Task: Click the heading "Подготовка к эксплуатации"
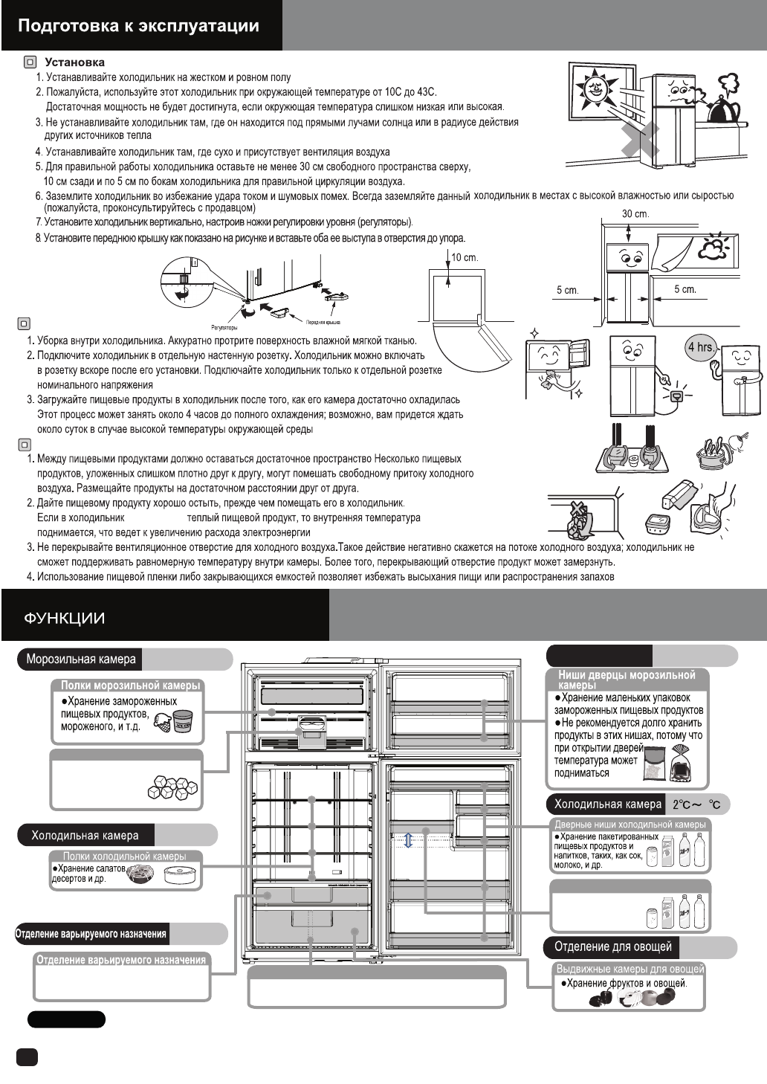(138, 26)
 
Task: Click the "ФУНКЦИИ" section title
(64, 619)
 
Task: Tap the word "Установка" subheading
(74, 62)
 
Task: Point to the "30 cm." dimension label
(635, 214)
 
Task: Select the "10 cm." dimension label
(465, 258)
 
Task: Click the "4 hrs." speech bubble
(701, 348)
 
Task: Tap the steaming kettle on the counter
(722, 103)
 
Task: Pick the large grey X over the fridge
(641, 140)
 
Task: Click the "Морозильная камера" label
(81, 659)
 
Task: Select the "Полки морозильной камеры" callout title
(130, 685)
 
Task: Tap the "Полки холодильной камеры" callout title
(124, 856)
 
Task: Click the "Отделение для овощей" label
(613, 946)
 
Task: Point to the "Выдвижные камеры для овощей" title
(630, 969)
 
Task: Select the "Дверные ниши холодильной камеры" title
(630, 825)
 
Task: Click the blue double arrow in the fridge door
(408, 840)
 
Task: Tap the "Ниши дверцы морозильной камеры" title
(627, 679)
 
